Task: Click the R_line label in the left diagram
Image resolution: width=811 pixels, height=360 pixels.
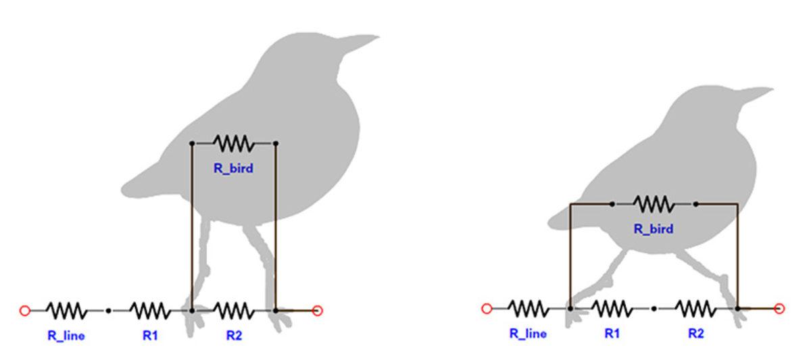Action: [66, 335]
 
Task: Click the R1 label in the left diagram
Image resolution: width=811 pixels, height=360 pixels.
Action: [150, 335]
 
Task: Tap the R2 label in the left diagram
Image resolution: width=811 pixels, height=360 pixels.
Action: [234, 335]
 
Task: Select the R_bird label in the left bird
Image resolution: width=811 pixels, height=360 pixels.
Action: [233, 169]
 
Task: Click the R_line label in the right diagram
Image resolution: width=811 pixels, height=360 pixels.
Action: [528, 333]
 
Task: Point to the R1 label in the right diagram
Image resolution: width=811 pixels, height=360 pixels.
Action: [612, 333]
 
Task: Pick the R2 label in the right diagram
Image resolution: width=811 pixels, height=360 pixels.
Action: [696, 333]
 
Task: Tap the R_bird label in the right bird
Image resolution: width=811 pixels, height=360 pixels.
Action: [653, 229]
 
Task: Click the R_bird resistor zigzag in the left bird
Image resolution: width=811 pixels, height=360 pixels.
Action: [234, 143]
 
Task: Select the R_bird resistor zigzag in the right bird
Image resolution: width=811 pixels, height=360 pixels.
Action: [654, 203]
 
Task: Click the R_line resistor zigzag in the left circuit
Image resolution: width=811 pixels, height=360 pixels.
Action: [66, 311]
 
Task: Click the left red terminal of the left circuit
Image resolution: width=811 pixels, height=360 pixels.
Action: [25, 311]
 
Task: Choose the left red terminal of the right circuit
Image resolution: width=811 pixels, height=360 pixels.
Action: [486, 309]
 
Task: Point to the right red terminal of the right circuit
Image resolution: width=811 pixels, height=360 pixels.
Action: [779, 309]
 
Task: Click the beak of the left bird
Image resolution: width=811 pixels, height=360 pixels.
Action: [362, 41]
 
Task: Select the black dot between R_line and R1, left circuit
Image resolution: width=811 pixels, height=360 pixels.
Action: [108, 311]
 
